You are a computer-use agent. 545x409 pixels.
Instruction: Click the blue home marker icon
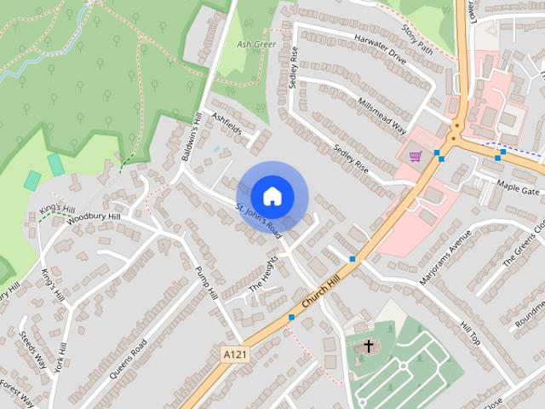tap(272, 195)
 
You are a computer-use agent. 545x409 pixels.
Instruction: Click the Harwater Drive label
tap(381, 56)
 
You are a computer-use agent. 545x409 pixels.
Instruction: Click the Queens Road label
tap(128, 358)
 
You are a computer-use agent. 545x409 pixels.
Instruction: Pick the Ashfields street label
tap(227, 126)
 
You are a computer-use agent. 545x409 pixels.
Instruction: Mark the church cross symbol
tap(368, 347)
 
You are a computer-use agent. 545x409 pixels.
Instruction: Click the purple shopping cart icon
tap(416, 156)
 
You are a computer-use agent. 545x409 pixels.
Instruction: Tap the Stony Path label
tap(417, 39)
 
